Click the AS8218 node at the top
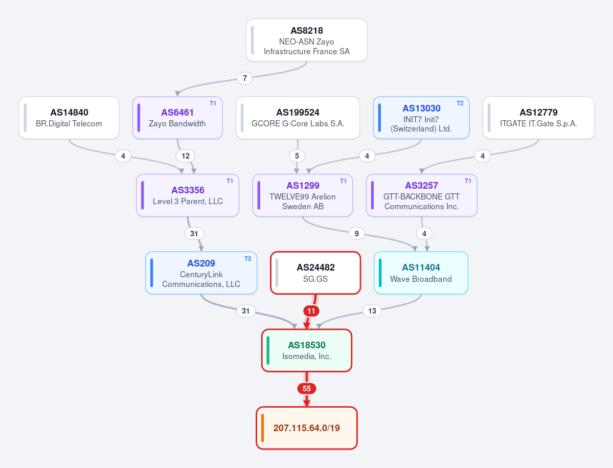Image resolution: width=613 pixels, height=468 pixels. (307, 40)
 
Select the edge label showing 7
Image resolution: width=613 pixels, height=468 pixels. (245, 78)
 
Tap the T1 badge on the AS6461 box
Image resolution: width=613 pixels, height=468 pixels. (213, 103)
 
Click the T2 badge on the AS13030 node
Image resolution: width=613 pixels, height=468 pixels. (460, 103)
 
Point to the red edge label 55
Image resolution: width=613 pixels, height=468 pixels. (307, 389)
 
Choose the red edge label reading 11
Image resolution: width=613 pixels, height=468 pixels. (311, 311)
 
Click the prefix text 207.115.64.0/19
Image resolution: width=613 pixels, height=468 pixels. (307, 428)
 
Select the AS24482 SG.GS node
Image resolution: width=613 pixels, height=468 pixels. (315, 273)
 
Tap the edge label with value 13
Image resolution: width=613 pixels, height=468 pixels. (372, 311)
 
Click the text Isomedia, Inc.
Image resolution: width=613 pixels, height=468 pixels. (307, 356)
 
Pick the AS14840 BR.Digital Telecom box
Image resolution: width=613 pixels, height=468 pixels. (69, 118)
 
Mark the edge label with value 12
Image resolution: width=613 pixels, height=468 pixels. (185, 156)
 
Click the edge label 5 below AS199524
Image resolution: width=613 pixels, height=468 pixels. (297, 156)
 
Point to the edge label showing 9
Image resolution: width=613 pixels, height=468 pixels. (356, 234)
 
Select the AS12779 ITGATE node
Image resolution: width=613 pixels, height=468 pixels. (539, 118)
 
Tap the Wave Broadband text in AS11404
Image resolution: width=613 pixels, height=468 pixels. (421, 279)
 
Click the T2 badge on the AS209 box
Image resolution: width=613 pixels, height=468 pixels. (248, 259)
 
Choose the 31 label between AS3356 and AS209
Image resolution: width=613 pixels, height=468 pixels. (194, 234)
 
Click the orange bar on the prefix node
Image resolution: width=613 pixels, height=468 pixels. (263, 428)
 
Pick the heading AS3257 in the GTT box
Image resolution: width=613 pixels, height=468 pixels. (421, 186)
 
